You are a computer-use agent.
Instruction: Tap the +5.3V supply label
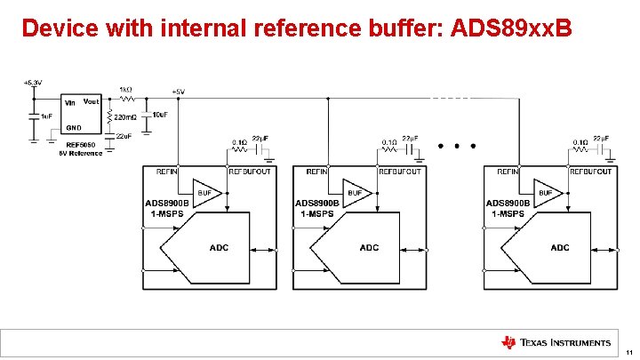[x=33, y=83]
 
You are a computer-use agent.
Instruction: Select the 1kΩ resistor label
[x=125, y=90]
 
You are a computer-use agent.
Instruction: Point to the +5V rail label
[x=178, y=92]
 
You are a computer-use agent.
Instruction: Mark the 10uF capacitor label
[x=160, y=115]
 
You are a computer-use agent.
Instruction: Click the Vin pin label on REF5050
[x=68, y=102]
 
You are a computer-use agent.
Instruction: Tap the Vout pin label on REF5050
[x=91, y=101]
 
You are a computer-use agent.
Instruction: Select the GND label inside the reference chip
[x=75, y=127]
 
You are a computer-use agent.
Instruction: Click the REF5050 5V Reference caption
[x=80, y=148]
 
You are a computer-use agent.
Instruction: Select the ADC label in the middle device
[x=368, y=247]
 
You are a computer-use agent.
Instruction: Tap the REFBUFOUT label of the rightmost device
[x=590, y=171]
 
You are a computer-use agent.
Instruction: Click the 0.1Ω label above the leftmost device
[x=240, y=142]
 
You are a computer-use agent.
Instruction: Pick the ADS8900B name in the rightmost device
[x=508, y=204]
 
